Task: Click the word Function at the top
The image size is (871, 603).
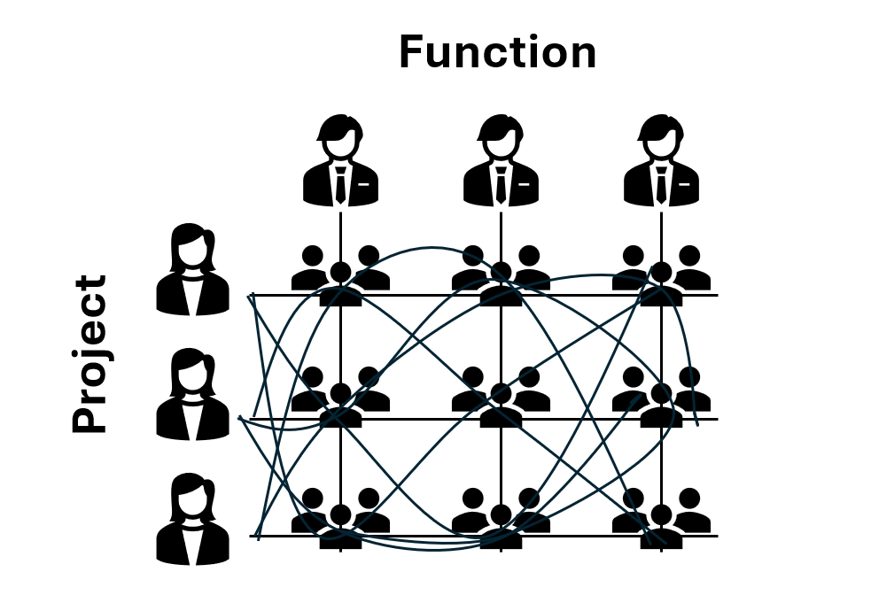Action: [497, 52]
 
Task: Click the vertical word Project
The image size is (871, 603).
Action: [89, 354]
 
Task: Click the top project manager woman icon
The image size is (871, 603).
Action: [192, 270]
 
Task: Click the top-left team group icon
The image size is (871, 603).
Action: [340, 274]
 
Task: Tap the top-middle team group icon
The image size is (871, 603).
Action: [501, 274]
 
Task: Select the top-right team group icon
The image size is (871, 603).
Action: [661, 274]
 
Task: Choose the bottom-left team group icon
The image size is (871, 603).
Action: [340, 518]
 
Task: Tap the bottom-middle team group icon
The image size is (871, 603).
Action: [501, 518]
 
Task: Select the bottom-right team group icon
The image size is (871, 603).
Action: [661, 518]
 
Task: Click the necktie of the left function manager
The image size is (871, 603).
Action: [341, 186]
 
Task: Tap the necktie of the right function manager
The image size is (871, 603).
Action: [661, 186]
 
